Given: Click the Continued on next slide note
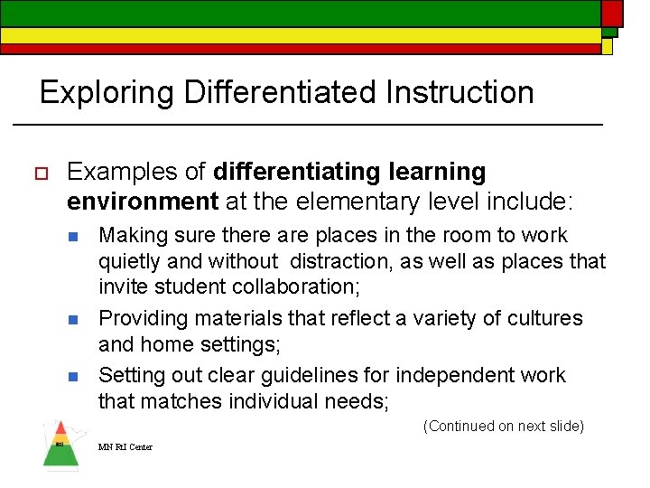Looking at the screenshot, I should click(x=503, y=426).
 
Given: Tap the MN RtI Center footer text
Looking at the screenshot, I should click(x=125, y=447).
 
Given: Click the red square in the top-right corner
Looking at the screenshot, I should click(x=612, y=12).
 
